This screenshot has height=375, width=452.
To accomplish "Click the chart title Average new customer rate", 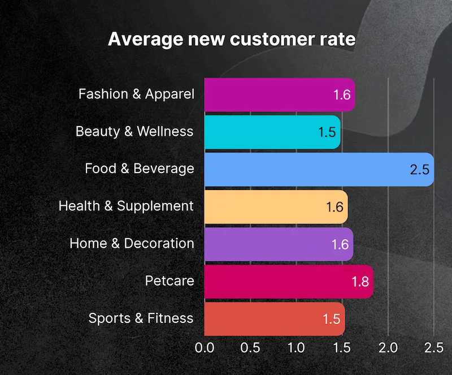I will click(x=232, y=40).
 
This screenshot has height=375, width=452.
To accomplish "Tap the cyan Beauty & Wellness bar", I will click(x=266, y=132).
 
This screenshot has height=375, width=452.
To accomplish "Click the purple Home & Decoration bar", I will click(x=271, y=244).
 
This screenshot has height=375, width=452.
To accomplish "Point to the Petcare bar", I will click(x=282, y=281).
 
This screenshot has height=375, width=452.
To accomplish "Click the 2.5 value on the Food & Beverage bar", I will click(x=420, y=169).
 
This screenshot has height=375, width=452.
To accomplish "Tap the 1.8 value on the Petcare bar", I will click(x=360, y=281).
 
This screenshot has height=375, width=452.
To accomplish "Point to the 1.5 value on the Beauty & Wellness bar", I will click(x=327, y=132).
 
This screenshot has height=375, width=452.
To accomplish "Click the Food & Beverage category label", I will click(x=140, y=169).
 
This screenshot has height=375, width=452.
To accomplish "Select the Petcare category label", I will click(x=169, y=281).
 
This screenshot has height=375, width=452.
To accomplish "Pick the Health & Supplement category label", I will click(x=126, y=206).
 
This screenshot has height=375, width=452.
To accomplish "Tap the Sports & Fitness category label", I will click(x=141, y=318).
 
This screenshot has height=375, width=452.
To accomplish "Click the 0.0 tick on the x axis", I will click(x=204, y=347).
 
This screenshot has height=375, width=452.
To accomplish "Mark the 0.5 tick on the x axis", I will click(x=250, y=347).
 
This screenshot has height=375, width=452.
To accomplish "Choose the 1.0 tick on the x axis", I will click(x=296, y=347).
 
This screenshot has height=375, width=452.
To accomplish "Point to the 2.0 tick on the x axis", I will click(x=388, y=347).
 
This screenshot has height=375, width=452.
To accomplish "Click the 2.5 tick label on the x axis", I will click(x=434, y=347).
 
